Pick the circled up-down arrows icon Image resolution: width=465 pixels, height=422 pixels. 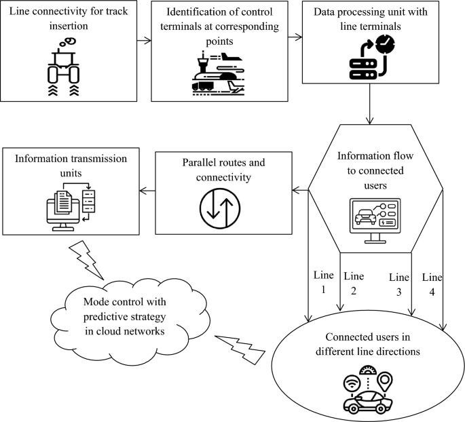tap(223, 208)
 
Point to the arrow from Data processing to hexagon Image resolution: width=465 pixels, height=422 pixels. tap(371, 113)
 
